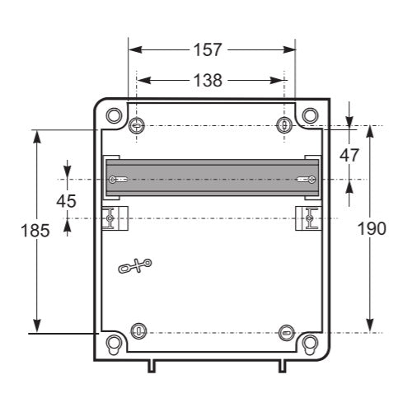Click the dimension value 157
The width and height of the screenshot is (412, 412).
[208, 49]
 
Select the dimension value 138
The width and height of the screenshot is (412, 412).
[208, 80]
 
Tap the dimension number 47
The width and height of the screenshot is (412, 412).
[350, 154]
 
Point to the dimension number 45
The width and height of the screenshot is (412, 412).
[67, 200]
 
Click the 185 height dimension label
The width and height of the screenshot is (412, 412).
[35, 230]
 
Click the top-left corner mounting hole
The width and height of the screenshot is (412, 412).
[114, 115]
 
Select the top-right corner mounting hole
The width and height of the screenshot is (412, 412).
[309, 115]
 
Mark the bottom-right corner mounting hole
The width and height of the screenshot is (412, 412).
[309, 341]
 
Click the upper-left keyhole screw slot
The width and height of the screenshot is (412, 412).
[137, 125]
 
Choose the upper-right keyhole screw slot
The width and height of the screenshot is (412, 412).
[285, 125]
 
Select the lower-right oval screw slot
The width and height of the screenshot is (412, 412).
[285, 332]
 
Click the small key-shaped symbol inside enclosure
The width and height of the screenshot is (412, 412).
[136, 265]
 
